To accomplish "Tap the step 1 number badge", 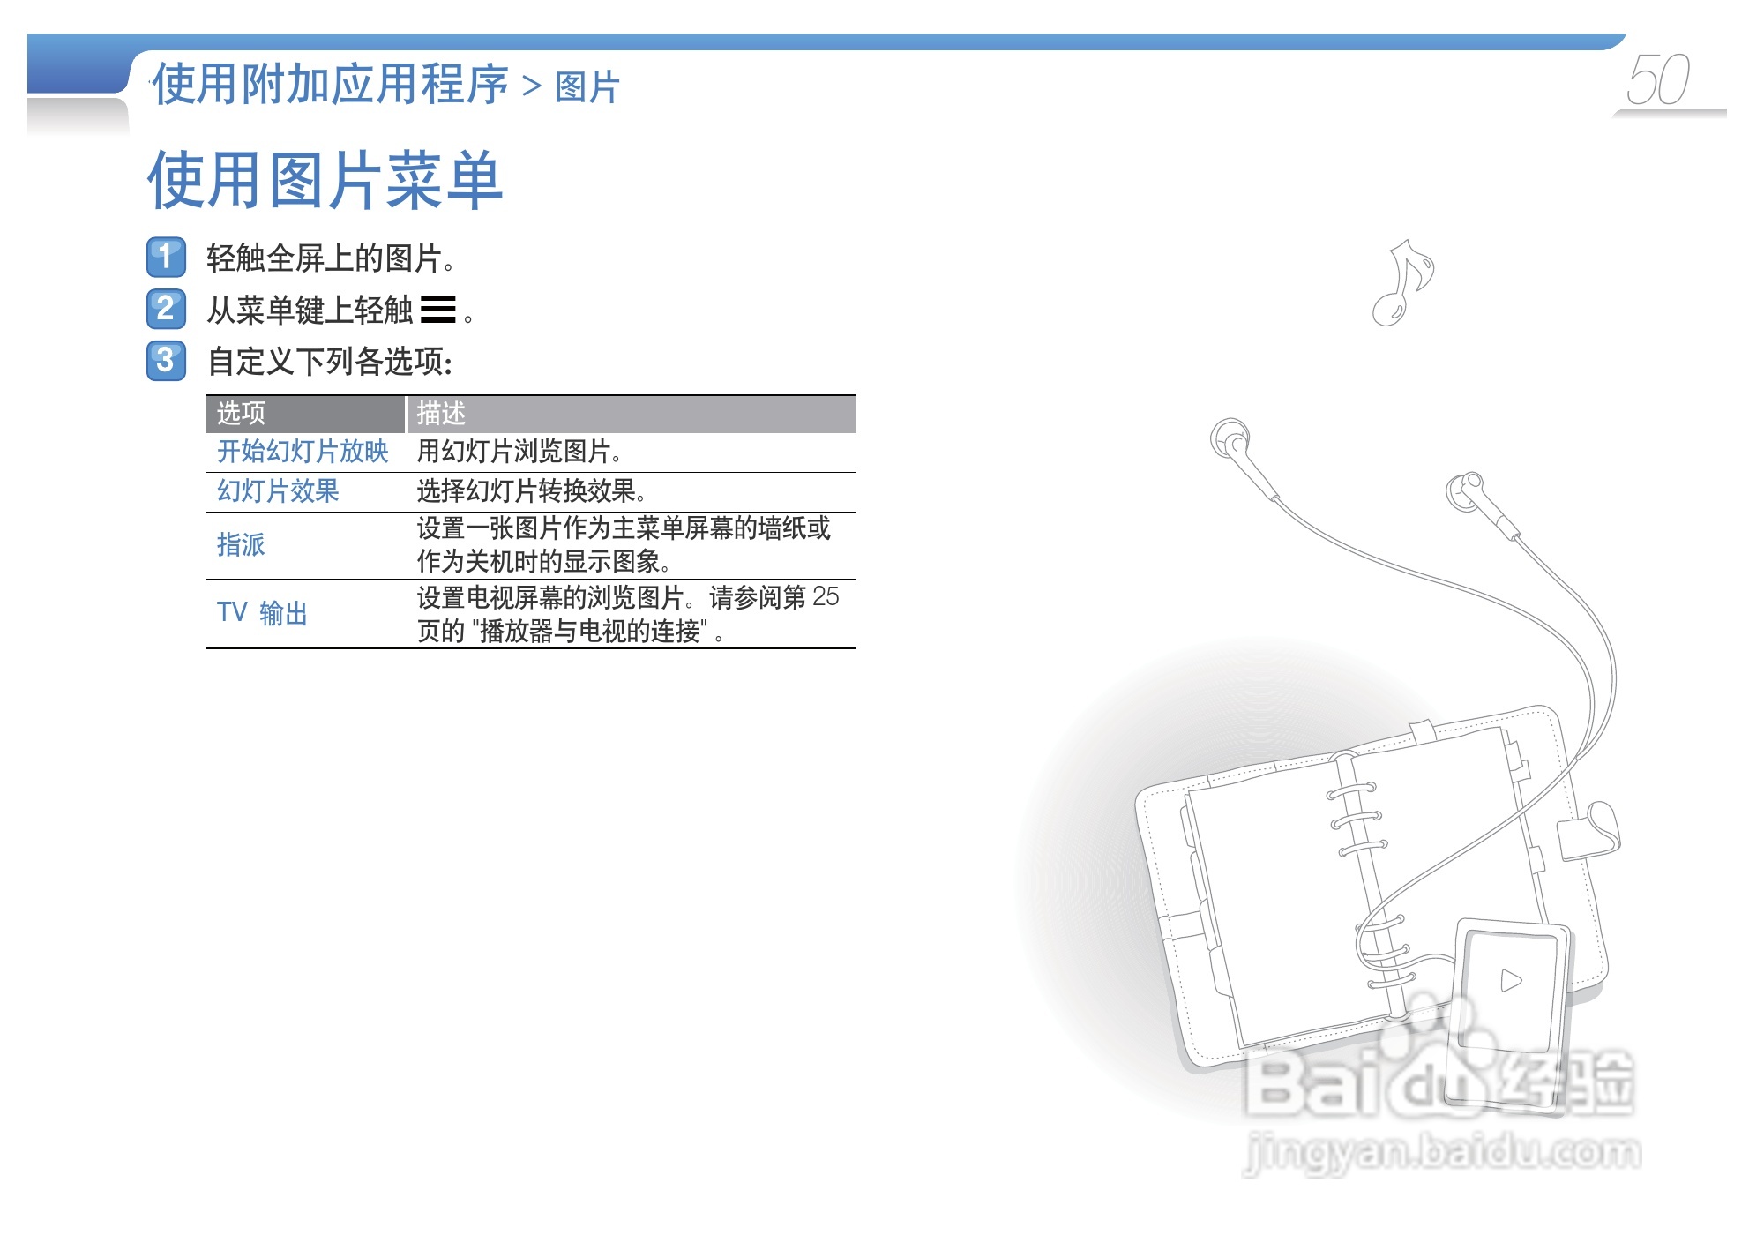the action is [x=166, y=258].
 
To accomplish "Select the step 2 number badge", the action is [x=166, y=309].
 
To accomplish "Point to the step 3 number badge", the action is [x=166, y=360].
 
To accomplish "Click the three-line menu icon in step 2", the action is [x=438, y=310].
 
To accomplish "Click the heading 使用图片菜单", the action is [x=325, y=181].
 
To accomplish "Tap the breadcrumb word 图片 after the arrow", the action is [x=587, y=87].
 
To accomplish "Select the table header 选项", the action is [x=241, y=413].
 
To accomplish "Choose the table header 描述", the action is [x=441, y=413].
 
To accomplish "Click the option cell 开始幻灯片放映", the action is [x=303, y=452].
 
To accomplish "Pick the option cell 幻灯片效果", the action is [x=278, y=491].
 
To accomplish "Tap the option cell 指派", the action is [x=241, y=544].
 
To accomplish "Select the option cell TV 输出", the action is [x=262, y=612].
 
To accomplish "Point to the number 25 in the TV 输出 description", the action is [x=826, y=597].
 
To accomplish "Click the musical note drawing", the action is [x=1402, y=282].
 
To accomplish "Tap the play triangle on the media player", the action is [x=1511, y=980].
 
